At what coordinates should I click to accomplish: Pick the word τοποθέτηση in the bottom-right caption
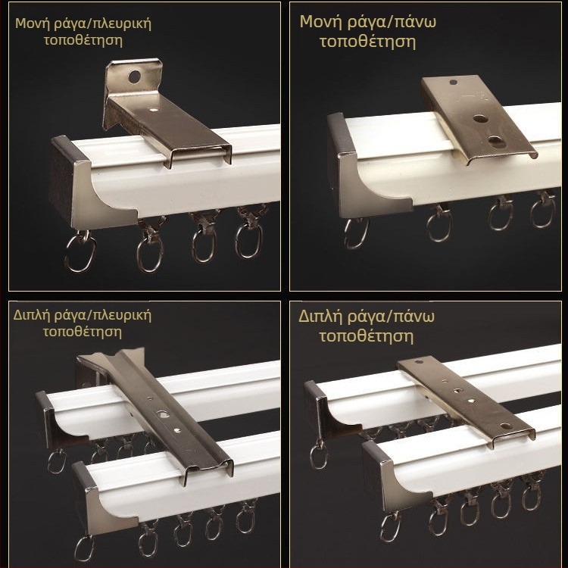point(366,335)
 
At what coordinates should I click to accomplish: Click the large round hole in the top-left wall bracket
point(134,76)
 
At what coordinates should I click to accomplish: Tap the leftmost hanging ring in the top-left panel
point(80,251)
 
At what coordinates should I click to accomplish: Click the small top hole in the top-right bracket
point(453,83)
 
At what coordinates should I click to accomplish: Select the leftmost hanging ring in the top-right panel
point(356,233)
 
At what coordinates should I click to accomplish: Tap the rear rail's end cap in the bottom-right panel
point(329,409)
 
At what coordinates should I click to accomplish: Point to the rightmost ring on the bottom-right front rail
point(531,493)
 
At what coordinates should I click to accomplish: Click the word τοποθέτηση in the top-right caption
point(367,41)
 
